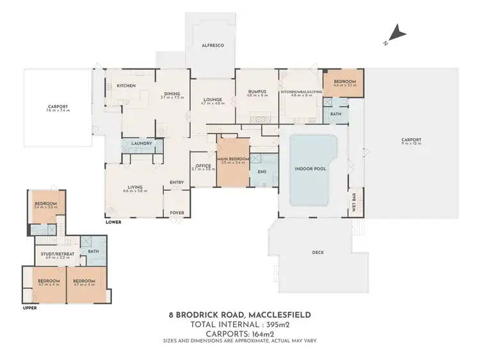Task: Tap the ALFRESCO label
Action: pos(212,46)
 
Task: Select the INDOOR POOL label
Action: pos(312,169)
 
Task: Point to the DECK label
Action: pos(318,252)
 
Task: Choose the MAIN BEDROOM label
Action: pos(232,159)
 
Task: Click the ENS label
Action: pos(261,172)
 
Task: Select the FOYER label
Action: pos(176,212)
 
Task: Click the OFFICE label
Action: pos(204,166)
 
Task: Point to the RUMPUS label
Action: pos(257,91)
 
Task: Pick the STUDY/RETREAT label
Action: pos(58,254)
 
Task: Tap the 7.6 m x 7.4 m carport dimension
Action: pos(58,111)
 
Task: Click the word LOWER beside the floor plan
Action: pos(114,223)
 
